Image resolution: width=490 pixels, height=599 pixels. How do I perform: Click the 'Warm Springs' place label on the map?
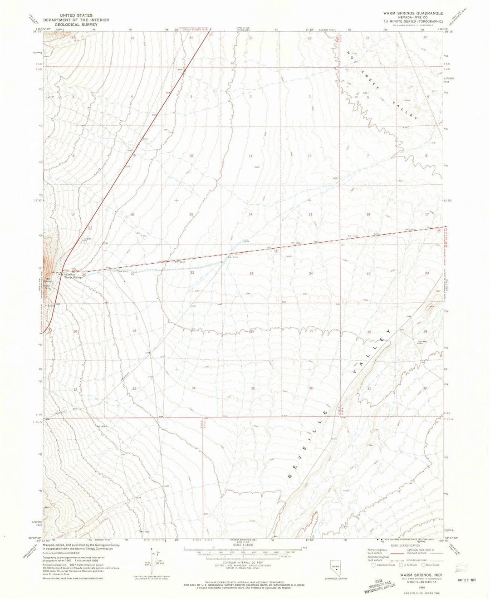point(73,277)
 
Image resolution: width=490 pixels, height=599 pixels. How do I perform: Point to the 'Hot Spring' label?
point(48,281)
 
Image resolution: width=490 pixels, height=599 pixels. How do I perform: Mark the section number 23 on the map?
point(251,274)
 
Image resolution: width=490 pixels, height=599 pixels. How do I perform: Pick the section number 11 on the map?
point(250,156)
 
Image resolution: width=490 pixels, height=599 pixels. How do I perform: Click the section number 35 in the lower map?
point(253,389)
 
